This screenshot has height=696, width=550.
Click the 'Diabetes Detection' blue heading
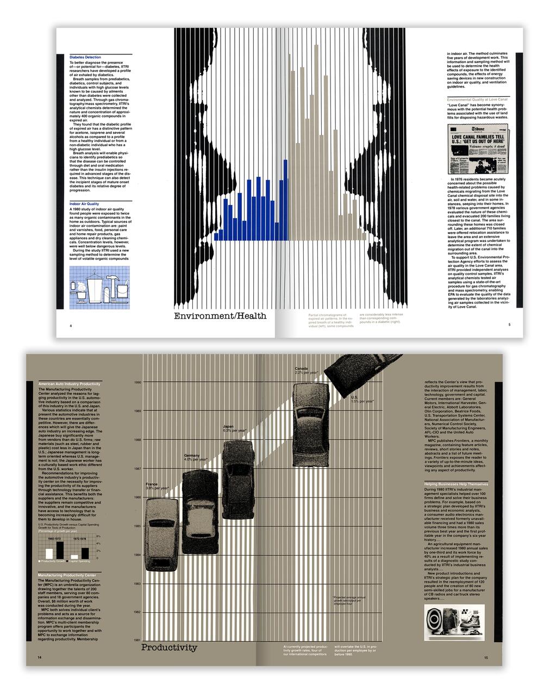(85, 57)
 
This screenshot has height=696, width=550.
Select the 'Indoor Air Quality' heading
(85, 204)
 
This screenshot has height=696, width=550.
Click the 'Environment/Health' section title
(220, 316)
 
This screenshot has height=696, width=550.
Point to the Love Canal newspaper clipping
(478, 148)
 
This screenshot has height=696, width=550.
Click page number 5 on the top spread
(509, 325)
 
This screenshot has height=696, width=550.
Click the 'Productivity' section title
(169, 648)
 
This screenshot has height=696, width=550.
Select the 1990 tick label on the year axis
(137, 382)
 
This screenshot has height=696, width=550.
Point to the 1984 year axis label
(137, 555)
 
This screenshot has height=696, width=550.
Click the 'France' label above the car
(152, 484)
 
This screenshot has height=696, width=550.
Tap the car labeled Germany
(200, 511)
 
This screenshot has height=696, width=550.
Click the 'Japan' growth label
(228, 426)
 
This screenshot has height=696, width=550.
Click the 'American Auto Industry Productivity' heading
(69, 384)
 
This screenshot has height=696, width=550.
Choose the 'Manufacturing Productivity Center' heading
(67, 575)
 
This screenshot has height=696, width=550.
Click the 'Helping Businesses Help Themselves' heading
(456, 483)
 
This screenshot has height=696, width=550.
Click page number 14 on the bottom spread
(40, 657)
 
